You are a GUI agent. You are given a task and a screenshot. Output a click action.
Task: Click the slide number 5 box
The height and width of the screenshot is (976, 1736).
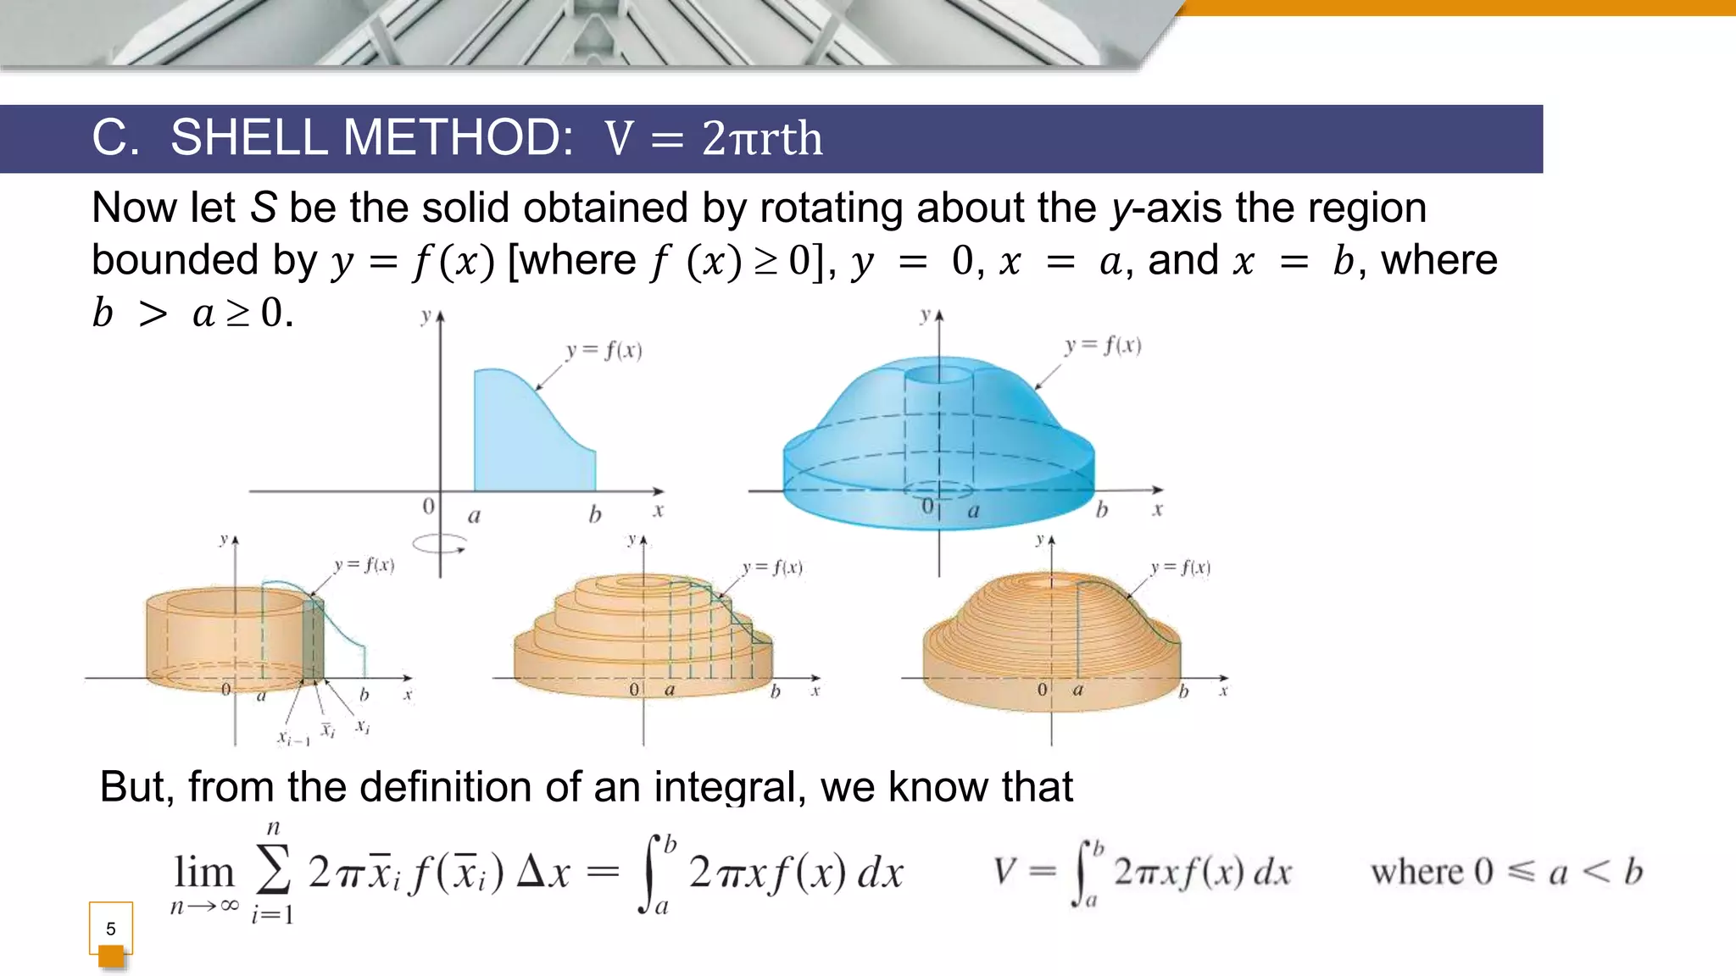tap(110, 929)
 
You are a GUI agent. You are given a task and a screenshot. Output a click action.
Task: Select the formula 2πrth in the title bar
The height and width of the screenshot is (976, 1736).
tap(762, 139)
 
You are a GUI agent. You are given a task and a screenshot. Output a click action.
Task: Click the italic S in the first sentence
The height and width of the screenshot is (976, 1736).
tap(264, 208)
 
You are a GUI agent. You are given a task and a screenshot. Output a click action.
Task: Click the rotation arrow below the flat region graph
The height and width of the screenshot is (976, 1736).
tap(439, 544)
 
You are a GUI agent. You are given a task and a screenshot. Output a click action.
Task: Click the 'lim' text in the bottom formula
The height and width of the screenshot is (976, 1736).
tap(203, 872)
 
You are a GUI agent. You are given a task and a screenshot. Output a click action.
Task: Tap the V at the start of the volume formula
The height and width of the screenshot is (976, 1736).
tap(1004, 871)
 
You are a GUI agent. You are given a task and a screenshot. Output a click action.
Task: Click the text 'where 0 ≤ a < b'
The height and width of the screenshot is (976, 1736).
tap(1506, 871)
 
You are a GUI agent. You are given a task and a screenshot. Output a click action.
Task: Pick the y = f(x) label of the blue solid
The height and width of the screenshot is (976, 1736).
tap(1103, 346)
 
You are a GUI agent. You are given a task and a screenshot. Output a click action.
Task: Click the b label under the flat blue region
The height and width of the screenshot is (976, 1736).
tap(595, 514)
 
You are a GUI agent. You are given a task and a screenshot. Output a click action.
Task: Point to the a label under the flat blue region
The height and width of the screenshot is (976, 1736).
tap(474, 515)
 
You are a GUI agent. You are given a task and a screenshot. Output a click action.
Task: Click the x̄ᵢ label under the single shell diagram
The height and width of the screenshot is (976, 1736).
tap(328, 729)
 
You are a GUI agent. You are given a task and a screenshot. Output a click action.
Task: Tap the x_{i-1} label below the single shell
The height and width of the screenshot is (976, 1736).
tap(293, 738)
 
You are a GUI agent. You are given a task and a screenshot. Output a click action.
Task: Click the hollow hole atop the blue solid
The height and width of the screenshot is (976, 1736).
tap(938, 374)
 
